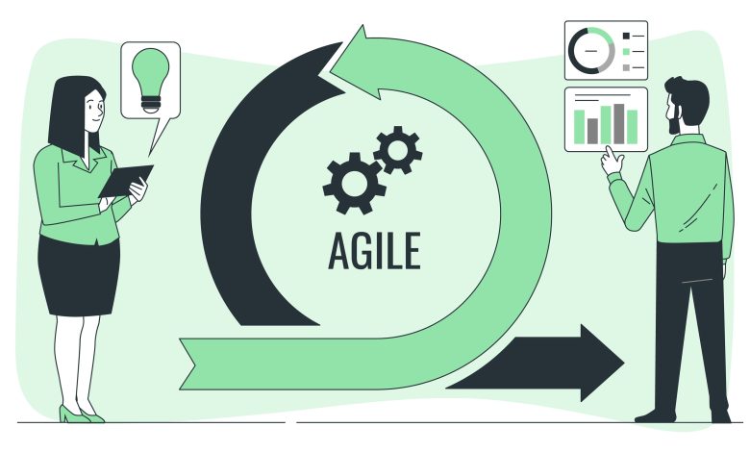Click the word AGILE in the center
point(375,250)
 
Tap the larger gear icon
point(354,183)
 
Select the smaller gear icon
point(397,150)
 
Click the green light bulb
point(150,81)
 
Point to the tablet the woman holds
point(126,181)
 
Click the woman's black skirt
point(79,275)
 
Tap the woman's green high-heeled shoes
point(81,414)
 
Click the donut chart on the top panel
point(591,51)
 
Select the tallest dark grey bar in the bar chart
point(619,124)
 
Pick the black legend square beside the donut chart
point(626,36)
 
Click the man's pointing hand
point(612,161)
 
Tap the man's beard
point(674,122)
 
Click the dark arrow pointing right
point(535,363)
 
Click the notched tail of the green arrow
point(187,364)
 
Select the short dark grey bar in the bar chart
point(592,131)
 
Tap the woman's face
point(94,109)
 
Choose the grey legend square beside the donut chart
point(626,67)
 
